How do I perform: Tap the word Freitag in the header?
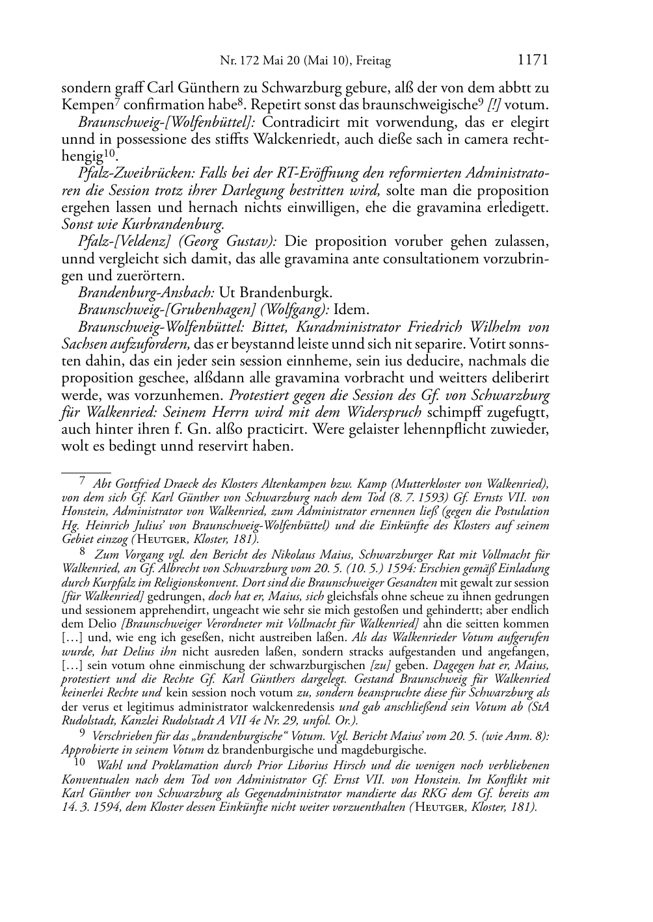(x=373, y=62)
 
